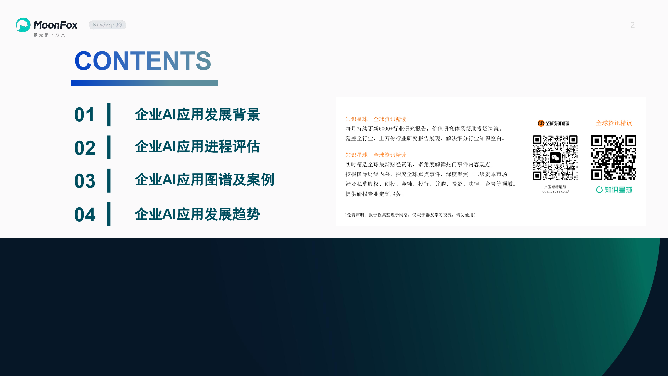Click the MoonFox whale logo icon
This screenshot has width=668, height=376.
[23, 25]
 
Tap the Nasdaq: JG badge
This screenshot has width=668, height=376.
[107, 25]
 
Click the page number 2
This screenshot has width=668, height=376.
[633, 25]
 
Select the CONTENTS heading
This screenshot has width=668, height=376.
[143, 61]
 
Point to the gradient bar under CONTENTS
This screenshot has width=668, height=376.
[145, 83]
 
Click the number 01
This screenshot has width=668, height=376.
[85, 115]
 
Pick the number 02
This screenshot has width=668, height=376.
[85, 148]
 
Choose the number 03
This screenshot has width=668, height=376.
[85, 181]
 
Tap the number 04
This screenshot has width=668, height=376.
[85, 215]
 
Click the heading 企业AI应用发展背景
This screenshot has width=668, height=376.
[197, 114]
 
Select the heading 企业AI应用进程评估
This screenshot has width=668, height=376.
[197, 147]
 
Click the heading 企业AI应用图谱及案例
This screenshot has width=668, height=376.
[204, 180]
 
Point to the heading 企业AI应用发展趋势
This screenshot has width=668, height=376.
[197, 214]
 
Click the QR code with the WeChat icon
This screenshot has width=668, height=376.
[555, 158]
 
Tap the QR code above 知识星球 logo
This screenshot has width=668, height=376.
[614, 158]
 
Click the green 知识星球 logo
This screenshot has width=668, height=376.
[614, 190]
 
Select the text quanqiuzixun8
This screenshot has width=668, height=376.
[555, 191]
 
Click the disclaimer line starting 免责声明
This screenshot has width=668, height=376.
[410, 215]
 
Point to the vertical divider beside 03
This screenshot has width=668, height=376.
[109, 180]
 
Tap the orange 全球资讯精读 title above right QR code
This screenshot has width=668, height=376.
[614, 123]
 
